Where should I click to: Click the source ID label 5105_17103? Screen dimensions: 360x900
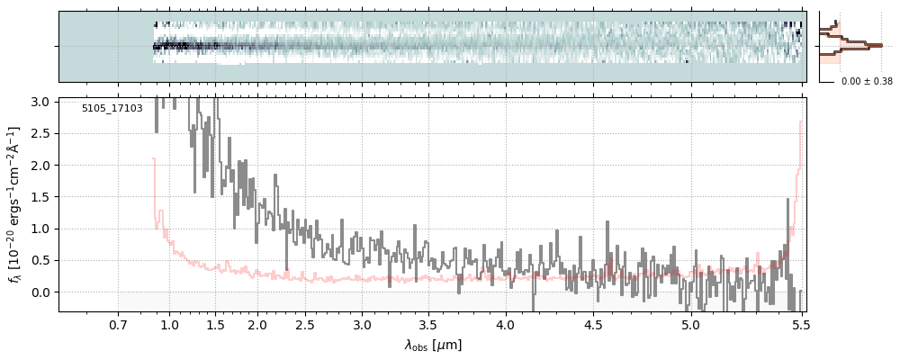coord(112,108)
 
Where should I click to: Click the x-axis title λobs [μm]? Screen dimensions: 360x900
coord(433,345)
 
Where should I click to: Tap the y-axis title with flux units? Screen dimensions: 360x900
coord(14,204)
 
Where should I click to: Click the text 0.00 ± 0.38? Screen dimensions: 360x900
coord(867,81)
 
